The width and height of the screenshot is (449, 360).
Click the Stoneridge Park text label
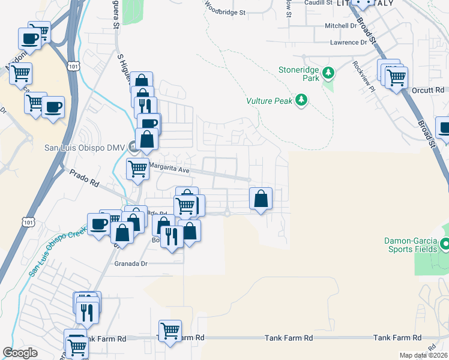[x=298, y=74]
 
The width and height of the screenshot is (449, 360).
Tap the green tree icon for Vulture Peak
[x=302, y=100]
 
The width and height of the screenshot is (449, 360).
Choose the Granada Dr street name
[x=130, y=263]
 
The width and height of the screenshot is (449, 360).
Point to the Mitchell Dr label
[x=341, y=26]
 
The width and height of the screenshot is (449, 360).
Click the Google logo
[x=20, y=353]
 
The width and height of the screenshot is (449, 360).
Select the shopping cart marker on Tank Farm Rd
[x=170, y=329]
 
